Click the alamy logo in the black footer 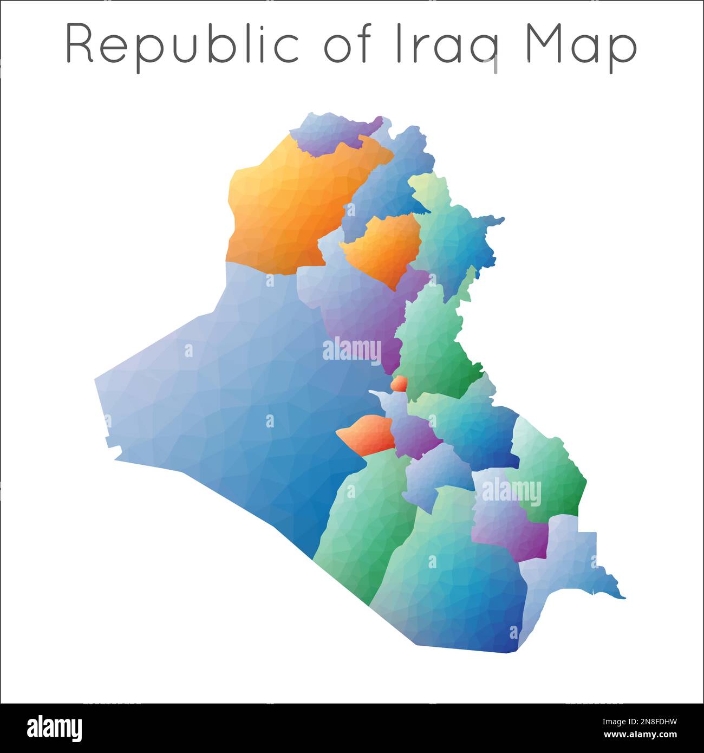coord(54,728)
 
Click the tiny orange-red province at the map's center coord(399,384)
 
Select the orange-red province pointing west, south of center coord(368,433)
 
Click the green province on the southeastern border coord(552,471)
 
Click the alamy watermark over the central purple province coord(352,350)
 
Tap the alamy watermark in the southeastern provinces coord(511,493)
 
